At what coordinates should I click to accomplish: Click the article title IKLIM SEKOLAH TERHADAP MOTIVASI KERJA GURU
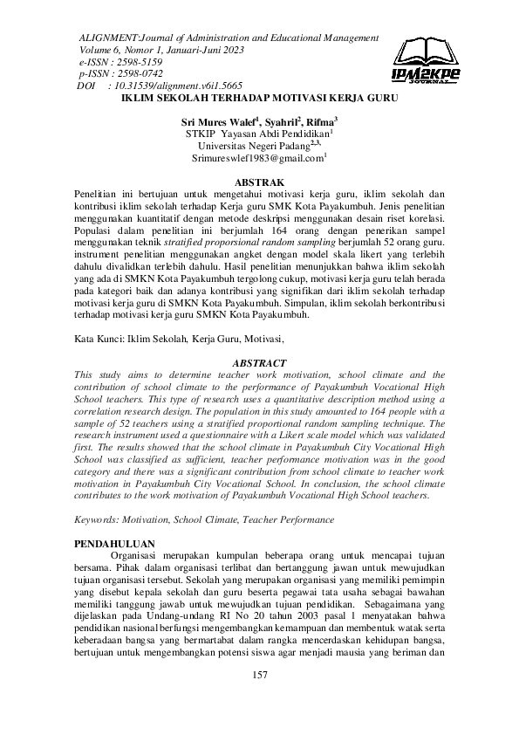coord(259,100)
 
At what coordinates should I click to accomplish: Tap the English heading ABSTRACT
coord(259,362)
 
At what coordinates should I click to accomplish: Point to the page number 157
coord(259,699)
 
